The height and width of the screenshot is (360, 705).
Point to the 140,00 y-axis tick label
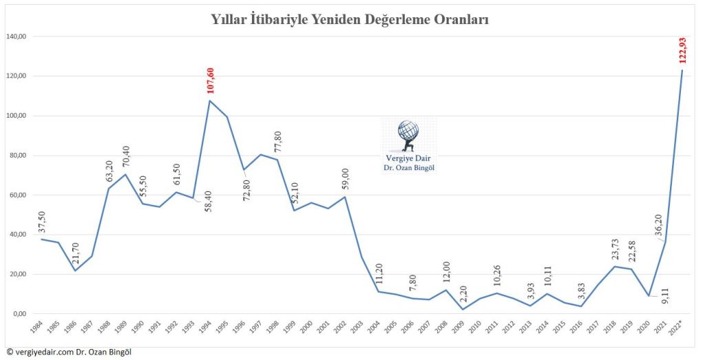(x=16, y=36)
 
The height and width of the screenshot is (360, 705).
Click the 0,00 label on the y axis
(x=19, y=315)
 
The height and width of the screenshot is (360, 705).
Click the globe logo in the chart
(x=408, y=135)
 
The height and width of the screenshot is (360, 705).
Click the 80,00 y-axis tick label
(x=16, y=156)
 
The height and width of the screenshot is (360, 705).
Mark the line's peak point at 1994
(x=209, y=101)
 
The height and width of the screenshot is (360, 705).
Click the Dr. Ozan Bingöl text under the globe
(x=408, y=167)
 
